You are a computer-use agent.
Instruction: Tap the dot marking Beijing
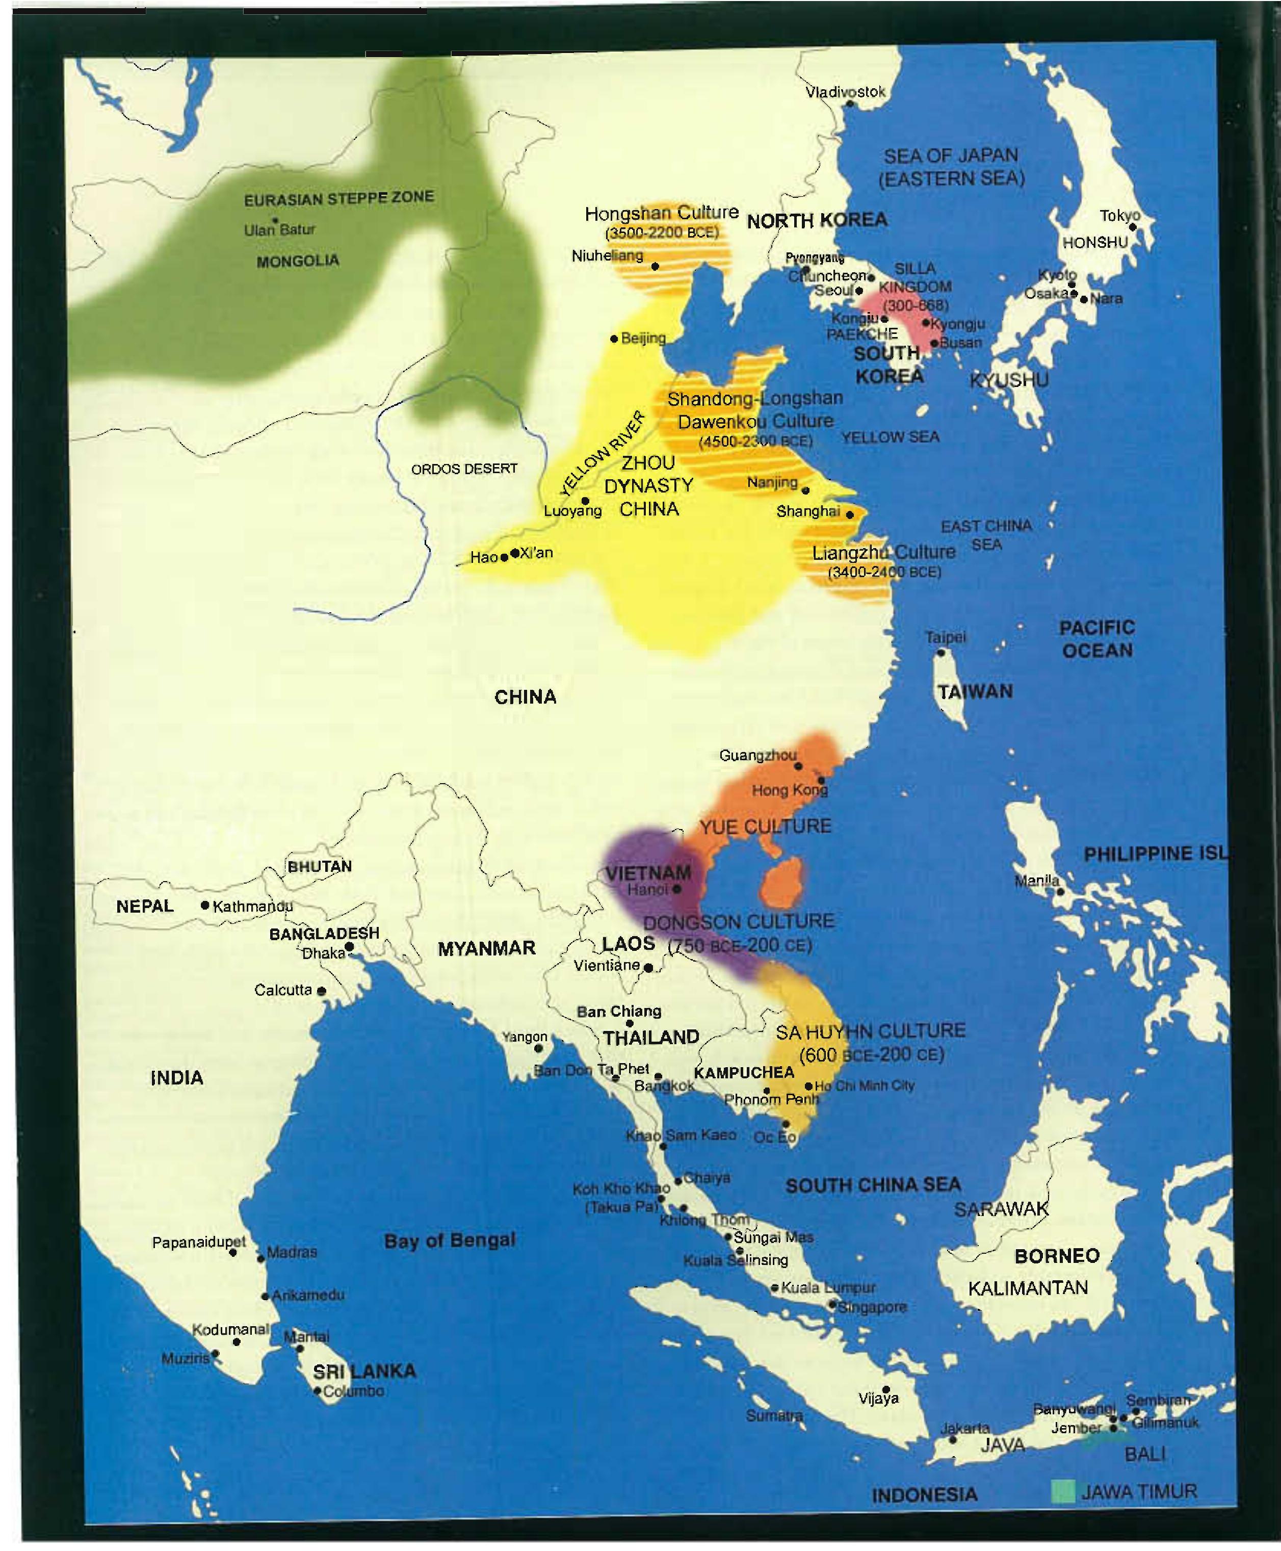[x=614, y=339]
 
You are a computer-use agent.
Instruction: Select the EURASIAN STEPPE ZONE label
[x=338, y=198]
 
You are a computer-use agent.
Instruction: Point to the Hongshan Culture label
[x=661, y=213]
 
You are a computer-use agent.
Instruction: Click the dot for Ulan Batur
[x=274, y=220]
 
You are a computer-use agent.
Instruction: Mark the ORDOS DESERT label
[x=464, y=469]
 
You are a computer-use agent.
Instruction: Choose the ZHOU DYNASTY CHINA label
[x=648, y=485]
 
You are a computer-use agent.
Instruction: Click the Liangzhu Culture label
[x=883, y=553]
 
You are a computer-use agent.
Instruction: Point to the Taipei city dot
[x=941, y=652]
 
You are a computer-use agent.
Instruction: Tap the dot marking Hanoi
[x=676, y=889]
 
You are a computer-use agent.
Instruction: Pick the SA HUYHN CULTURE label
[x=870, y=1031]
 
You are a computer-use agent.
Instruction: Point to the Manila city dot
[x=1060, y=891]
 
